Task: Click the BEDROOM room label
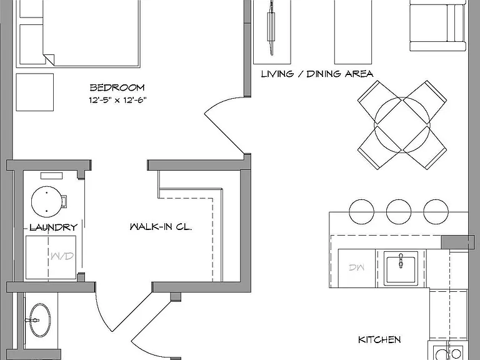coord(117,87)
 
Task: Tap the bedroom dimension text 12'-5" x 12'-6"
coord(118,100)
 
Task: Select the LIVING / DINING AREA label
coord(317,74)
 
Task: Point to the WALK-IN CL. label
coord(161,227)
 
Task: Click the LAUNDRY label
coord(54,227)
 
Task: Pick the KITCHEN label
coord(379,339)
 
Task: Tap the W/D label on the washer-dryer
coord(62,256)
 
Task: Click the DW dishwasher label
coord(357,267)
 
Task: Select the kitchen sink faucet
coord(401,260)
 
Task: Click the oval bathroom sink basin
coord(40,320)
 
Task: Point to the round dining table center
coord(402,125)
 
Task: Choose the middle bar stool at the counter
coord(399,211)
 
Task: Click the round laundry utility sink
coord(46,202)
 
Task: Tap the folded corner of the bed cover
coord(49,60)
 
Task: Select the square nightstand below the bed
coord(35,92)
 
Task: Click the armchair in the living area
coord(437,26)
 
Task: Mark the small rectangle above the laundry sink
coord(52,176)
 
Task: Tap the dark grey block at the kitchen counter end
coord(457,242)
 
